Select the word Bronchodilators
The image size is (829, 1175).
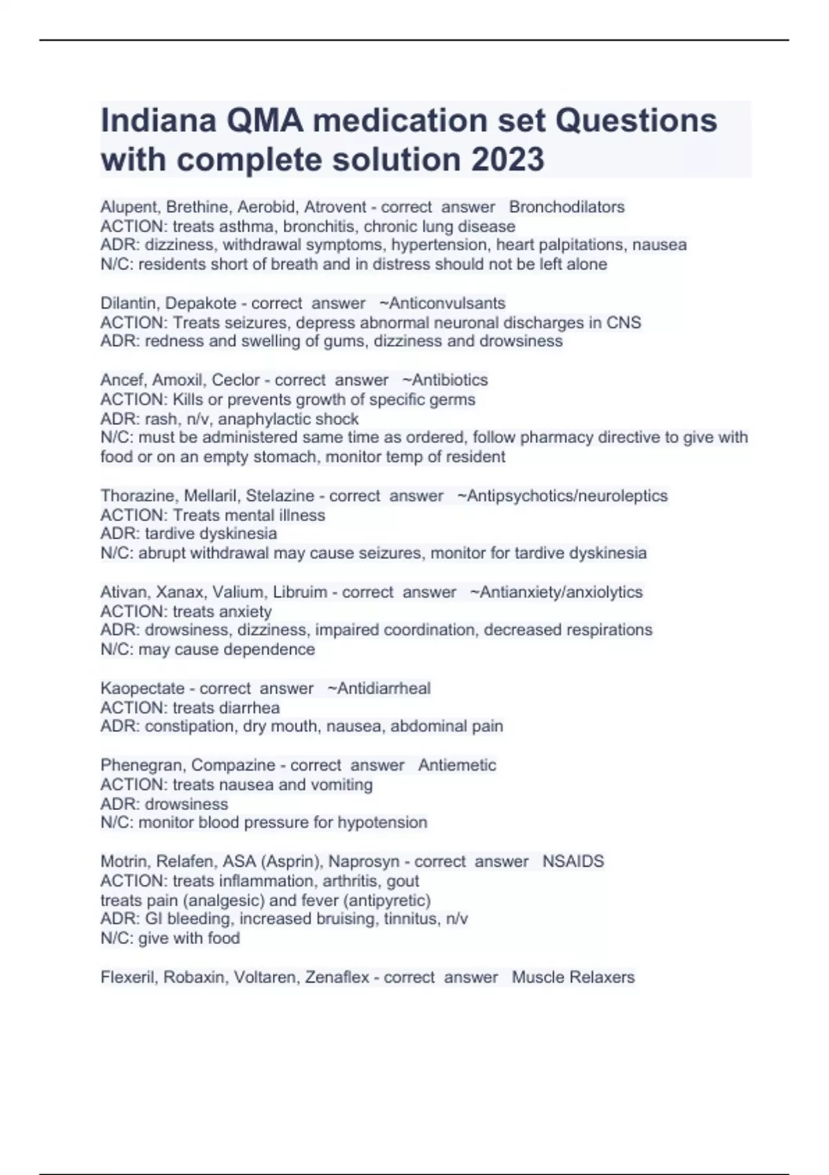point(566,207)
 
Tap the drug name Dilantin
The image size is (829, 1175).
point(128,303)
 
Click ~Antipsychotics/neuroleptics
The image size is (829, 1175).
point(562,496)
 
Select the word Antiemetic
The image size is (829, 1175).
point(457,765)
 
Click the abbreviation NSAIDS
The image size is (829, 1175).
point(573,861)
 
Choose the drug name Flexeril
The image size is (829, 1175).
point(128,977)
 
